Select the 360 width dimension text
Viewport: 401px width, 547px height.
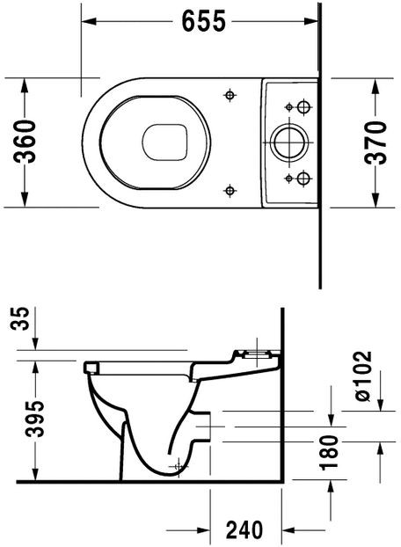(26, 142)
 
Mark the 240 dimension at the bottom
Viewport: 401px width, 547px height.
(244, 529)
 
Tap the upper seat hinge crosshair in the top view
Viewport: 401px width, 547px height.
(230, 94)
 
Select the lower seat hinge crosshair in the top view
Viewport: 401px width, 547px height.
(230, 188)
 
